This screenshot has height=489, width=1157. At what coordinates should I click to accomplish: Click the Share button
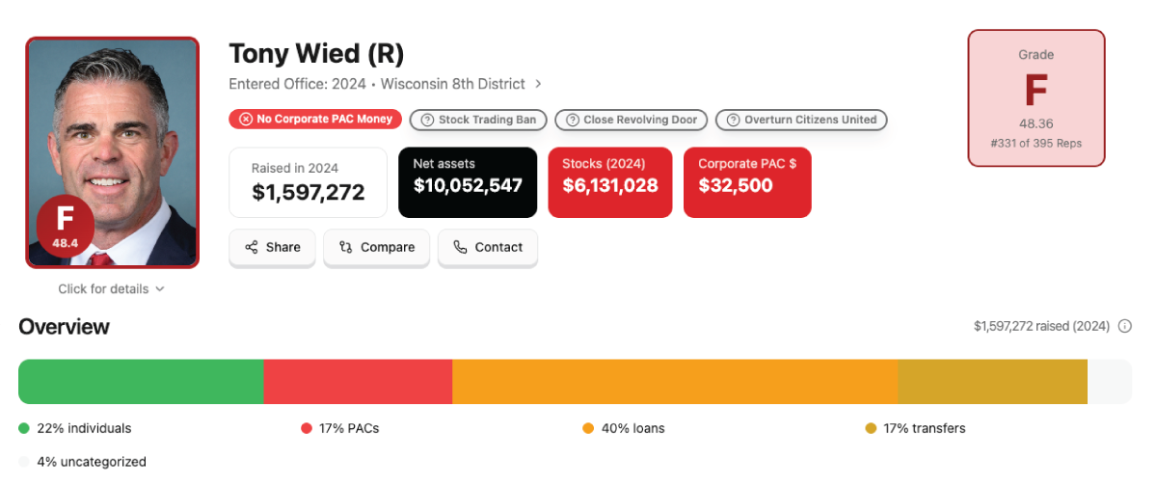click(x=272, y=248)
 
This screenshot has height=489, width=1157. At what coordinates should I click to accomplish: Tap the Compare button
click(x=376, y=248)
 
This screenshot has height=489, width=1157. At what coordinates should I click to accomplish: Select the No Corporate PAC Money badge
click(x=315, y=119)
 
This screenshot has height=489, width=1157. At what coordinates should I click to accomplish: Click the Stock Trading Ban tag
click(x=478, y=120)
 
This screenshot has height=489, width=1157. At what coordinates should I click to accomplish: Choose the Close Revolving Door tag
click(x=632, y=120)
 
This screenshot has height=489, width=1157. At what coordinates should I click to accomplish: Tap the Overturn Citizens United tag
click(x=801, y=120)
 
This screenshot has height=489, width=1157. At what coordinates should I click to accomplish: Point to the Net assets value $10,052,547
click(x=468, y=185)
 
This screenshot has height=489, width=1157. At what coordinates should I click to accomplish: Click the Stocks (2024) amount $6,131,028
click(x=610, y=185)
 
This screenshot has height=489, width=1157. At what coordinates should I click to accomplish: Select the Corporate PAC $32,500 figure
click(x=736, y=185)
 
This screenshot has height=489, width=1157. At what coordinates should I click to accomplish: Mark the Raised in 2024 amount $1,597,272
click(x=309, y=192)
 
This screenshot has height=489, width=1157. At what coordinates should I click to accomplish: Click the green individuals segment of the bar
click(x=141, y=382)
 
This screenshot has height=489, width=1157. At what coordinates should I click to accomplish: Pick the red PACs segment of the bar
click(x=358, y=382)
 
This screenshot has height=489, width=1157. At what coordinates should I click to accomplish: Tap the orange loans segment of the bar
click(x=675, y=382)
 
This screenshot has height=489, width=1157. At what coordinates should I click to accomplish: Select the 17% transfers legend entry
click(x=915, y=428)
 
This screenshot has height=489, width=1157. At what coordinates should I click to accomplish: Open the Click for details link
click(x=111, y=289)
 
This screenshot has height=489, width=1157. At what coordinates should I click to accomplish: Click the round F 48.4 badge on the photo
click(x=66, y=226)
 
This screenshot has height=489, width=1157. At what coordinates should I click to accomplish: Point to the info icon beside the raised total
click(x=1124, y=327)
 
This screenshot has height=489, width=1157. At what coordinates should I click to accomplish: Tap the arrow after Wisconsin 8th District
click(x=538, y=84)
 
